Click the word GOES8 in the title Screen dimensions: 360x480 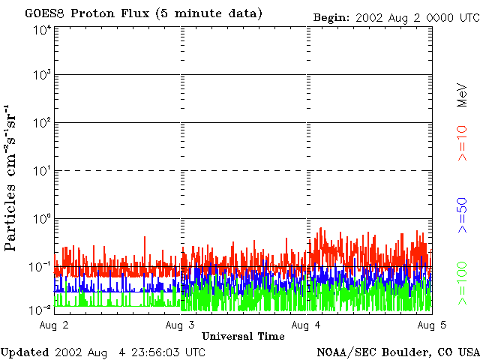(43, 13)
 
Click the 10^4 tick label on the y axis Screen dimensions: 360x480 (41, 29)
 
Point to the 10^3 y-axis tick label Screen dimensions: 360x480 (41, 76)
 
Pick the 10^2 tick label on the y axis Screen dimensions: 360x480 (41, 124)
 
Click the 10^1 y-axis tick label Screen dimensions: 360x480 (41, 172)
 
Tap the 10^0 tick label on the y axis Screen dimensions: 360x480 (41, 220)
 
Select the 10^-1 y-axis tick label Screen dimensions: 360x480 (41, 266)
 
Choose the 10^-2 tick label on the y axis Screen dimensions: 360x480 (41, 308)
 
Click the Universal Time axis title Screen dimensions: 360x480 (243, 337)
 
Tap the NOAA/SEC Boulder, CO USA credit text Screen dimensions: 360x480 (397, 352)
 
